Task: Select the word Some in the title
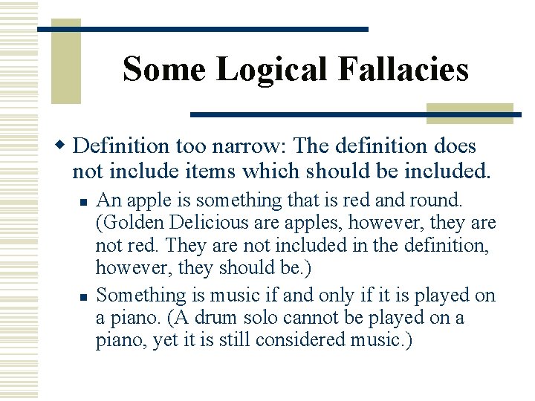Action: (164, 70)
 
